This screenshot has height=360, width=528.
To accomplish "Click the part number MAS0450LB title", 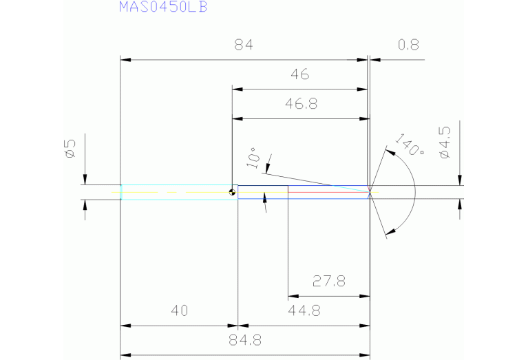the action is click(x=162, y=8).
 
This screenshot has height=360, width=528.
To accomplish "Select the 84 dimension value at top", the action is click(x=244, y=45).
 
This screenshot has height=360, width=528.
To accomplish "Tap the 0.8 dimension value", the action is click(x=408, y=45).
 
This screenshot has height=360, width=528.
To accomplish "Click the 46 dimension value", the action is click(x=299, y=74).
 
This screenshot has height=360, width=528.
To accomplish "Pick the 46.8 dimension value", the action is click(x=301, y=104).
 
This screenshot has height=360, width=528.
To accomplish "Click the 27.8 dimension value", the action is click(x=328, y=281).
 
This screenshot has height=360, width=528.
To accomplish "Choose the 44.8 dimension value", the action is click(x=304, y=310).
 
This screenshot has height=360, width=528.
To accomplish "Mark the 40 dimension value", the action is click(x=179, y=310).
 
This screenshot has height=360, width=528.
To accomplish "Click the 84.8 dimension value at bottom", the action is click(x=244, y=340).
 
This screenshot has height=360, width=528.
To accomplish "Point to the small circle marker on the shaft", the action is click(x=233, y=193).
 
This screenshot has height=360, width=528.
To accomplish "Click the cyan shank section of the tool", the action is click(x=176, y=192).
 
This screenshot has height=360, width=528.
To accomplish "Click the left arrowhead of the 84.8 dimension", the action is click(x=125, y=354).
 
